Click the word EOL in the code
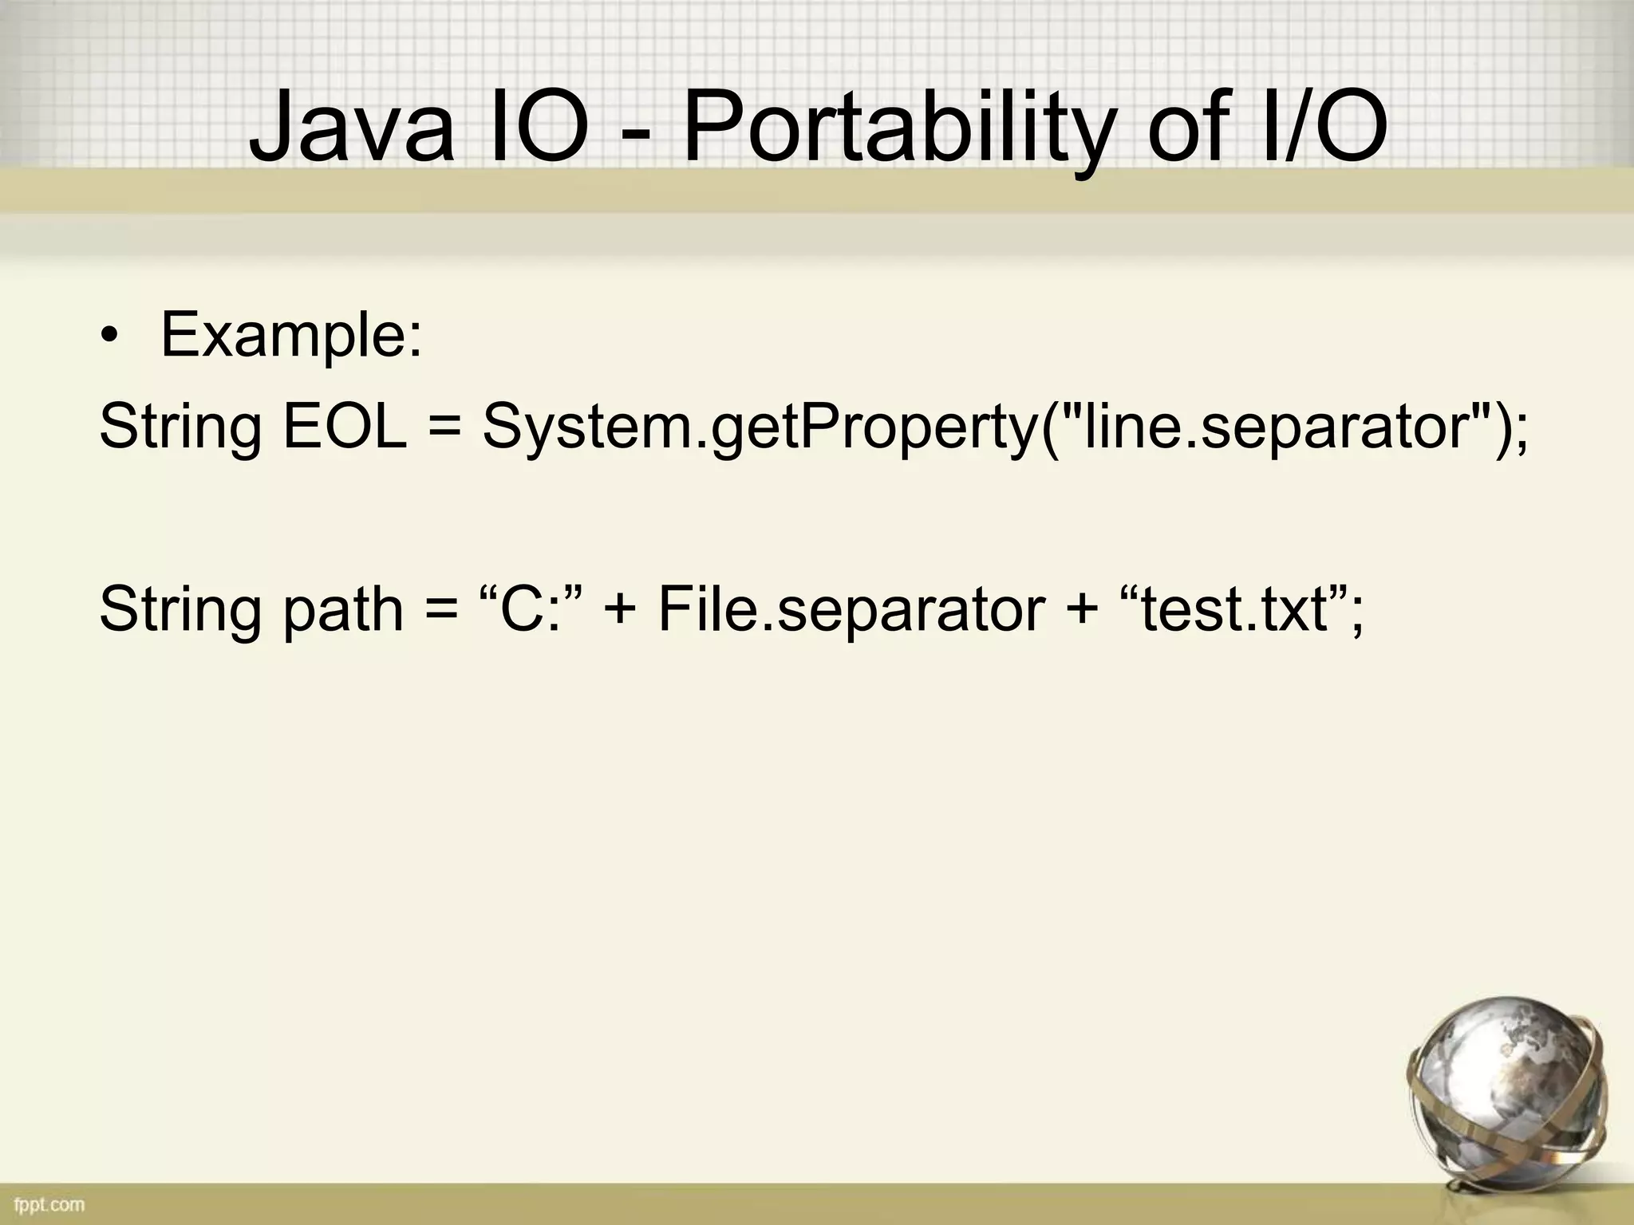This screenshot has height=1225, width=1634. pyautogui.click(x=345, y=427)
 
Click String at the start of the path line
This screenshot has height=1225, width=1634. pyautogui.click(x=180, y=611)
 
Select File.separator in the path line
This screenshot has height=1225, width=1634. pyautogui.click(x=850, y=611)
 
